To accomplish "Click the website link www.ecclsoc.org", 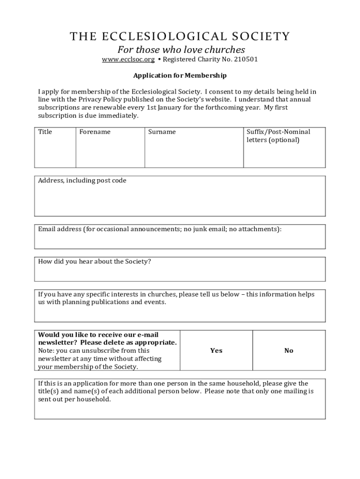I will point(128,59).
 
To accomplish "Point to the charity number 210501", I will point(244,59).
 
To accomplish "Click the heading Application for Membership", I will point(180,75).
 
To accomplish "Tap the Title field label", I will point(45,132).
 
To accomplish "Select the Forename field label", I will point(95,132).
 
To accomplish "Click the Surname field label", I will point(162,132).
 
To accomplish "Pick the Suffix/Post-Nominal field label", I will point(278,132).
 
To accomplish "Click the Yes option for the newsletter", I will point(216,350).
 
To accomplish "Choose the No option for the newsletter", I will point(288,350).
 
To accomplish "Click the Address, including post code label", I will point(82,181).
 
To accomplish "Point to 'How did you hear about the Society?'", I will point(94,261).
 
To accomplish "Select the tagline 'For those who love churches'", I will point(181,50).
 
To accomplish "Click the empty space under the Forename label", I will point(110,152).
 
